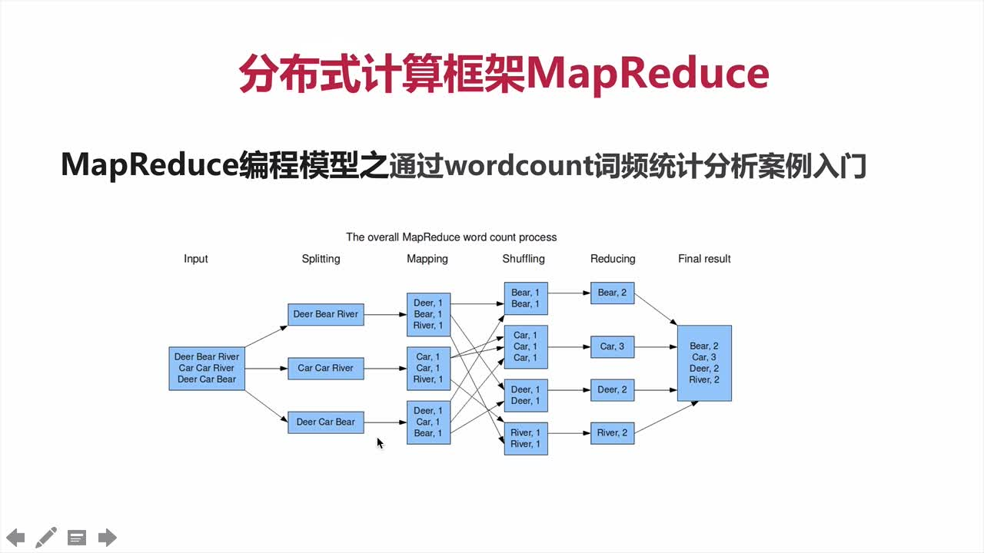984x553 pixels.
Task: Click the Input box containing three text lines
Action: pyautogui.click(x=206, y=368)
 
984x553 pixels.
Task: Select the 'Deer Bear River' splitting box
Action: pyautogui.click(x=325, y=314)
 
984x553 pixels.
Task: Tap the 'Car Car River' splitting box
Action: pyautogui.click(x=325, y=368)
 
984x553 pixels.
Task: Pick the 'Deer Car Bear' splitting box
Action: pyautogui.click(x=325, y=422)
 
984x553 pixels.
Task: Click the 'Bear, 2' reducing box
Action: pyautogui.click(x=612, y=293)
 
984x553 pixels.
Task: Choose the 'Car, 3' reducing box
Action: pyautogui.click(x=612, y=346)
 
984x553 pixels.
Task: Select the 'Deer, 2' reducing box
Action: pyautogui.click(x=612, y=389)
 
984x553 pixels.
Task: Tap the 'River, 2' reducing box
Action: pyautogui.click(x=612, y=433)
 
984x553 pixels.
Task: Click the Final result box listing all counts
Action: pyautogui.click(x=703, y=363)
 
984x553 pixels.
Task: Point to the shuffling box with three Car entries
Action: pyautogui.click(x=526, y=346)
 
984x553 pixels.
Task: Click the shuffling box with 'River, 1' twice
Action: pyautogui.click(x=526, y=439)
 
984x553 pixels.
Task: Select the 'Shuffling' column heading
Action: pyautogui.click(x=524, y=259)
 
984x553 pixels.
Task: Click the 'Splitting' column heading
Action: pyautogui.click(x=321, y=259)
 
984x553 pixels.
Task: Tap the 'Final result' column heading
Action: pyautogui.click(x=704, y=259)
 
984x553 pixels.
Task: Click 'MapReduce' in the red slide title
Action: pyautogui.click(x=647, y=74)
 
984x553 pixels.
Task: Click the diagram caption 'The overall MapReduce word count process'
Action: pyautogui.click(x=451, y=237)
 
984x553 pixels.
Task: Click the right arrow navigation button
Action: pyautogui.click(x=108, y=537)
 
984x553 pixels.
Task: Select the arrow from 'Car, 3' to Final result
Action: pyautogui.click(x=655, y=346)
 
